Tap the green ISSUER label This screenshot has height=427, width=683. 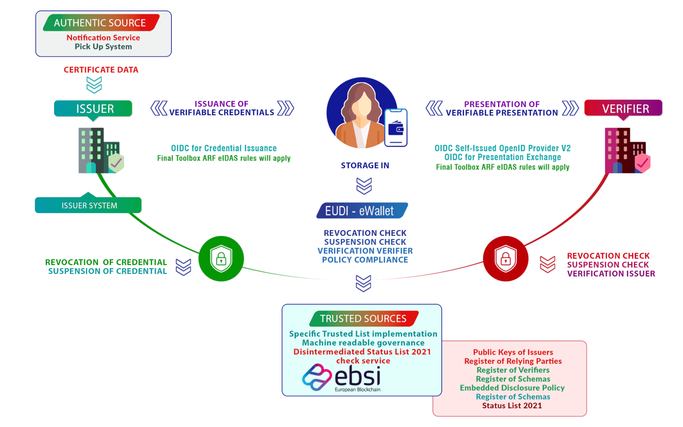(x=94, y=109)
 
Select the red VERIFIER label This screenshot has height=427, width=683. (x=624, y=109)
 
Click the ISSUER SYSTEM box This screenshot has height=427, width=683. (x=88, y=206)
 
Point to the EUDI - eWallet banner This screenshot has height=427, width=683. (x=361, y=211)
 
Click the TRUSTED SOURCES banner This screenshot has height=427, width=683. (x=363, y=319)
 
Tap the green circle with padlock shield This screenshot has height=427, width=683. (x=221, y=259)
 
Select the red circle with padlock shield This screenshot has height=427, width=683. (x=506, y=259)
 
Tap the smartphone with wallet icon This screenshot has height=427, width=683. (x=396, y=127)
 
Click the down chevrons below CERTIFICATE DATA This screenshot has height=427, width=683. (x=94, y=85)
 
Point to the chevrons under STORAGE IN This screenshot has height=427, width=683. (x=364, y=185)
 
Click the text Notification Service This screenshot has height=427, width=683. (x=103, y=38)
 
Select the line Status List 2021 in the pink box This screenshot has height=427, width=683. (x=512, y=406)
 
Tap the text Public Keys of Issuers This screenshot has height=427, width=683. (x=513, y=352)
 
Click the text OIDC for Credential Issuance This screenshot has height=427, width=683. (x=224, y=148)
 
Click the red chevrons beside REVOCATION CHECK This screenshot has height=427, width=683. (x=548, y=264)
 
